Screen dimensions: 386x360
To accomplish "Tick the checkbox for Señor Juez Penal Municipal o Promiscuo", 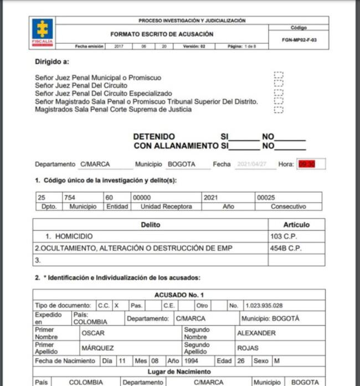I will click(279, 75).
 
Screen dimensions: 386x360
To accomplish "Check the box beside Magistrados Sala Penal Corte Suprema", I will click(279, 109).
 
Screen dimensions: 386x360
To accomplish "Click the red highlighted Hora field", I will click(307, 164).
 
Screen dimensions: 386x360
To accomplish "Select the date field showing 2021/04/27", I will click(253, 164).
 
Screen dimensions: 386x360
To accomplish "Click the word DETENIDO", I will click(154, 136).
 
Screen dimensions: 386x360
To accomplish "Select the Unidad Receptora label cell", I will click(166, 206).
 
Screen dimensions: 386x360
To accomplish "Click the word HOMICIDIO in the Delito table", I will click(74, 236).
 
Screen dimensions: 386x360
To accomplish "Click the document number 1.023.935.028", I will click(264, 305).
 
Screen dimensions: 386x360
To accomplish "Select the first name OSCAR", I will click(93, 333).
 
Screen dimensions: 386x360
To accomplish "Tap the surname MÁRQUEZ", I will click(97, 348).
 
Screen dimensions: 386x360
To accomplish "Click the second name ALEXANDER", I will click(256, 333).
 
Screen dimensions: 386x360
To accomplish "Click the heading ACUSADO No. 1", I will click(179, 295).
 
